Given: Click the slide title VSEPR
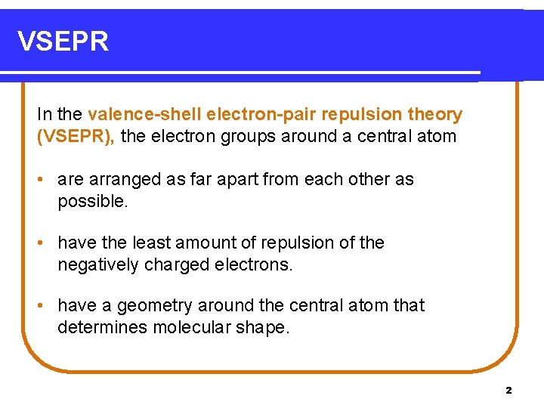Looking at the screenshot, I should coord(63,42).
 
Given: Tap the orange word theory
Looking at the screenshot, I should coord(434,115).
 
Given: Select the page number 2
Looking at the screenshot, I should coord(508,391).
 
